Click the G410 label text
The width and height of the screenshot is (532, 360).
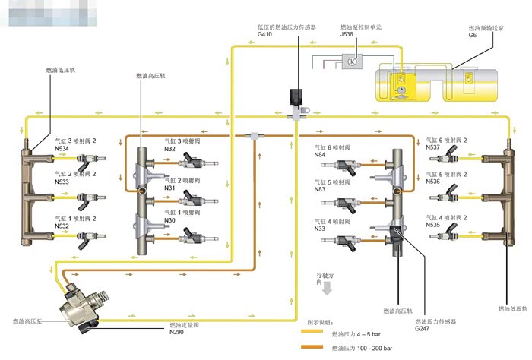click(x=265, y=34)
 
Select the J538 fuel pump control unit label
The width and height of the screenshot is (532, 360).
click(x=347, y=34)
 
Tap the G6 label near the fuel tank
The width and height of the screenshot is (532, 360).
click(x=472, y=35)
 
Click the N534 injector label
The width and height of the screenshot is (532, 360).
click(x=63, y=148)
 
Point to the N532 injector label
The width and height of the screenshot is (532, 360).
click(x=63, y=226)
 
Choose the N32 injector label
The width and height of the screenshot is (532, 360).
click(x=171, y=149)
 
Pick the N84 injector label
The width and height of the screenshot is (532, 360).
click(x=320, y=155)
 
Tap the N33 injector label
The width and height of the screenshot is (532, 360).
click(x=320, y=229)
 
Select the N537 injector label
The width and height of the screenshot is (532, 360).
click(x=432, y=148)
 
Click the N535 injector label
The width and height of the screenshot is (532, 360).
click(x=432, y=226)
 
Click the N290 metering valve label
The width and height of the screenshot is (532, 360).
click(x=177, y=333)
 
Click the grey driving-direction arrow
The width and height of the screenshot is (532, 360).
click(x=327, y=289)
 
